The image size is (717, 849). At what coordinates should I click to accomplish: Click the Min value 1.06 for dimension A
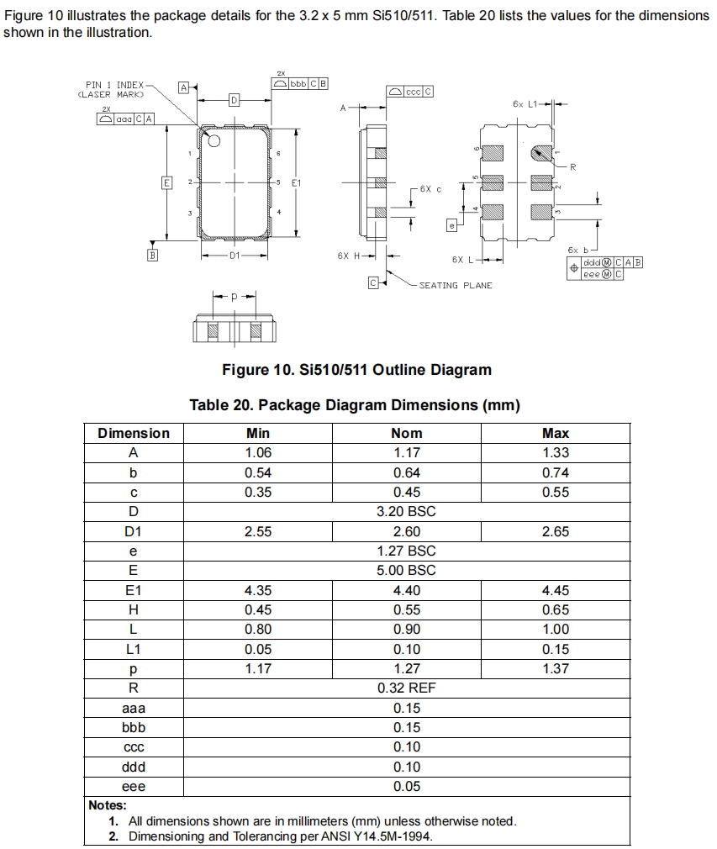(257, 453)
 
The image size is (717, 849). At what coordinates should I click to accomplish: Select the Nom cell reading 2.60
(407, 531)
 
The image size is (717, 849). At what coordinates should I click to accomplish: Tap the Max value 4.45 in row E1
(556, 590)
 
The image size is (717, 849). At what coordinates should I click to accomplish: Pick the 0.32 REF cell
(407, 688)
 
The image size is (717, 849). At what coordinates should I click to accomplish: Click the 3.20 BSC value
(407, 511)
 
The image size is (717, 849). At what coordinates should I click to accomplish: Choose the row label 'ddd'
(134, 767)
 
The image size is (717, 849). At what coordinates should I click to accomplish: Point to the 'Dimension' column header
(134, 433)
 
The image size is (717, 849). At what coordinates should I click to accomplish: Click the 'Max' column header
(556, 433)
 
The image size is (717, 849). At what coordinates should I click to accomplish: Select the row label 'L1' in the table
(134, 649)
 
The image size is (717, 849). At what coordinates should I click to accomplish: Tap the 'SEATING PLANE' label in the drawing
(456, 286)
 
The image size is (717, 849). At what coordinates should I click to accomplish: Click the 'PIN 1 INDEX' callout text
(115, 85)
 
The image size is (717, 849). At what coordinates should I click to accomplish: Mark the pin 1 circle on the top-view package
(213, 141)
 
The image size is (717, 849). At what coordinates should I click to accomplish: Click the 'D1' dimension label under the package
(235, 254)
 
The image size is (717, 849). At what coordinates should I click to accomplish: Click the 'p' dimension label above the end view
(235, 297)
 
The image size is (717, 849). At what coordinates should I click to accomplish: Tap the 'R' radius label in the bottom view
(572, 167)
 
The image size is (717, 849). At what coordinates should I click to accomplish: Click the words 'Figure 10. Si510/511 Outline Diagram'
(356, 370)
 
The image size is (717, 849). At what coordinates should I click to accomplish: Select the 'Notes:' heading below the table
(107, 805)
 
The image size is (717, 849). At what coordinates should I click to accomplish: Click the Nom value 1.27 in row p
(407, 669)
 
